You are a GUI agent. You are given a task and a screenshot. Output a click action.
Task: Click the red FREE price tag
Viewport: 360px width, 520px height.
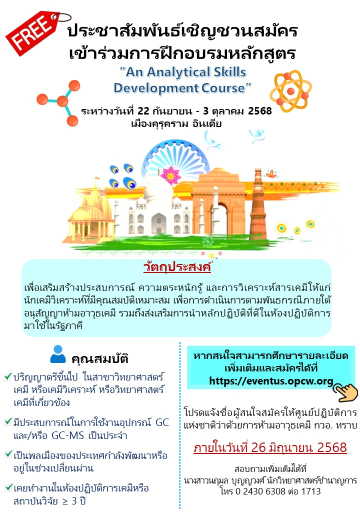(33, 32)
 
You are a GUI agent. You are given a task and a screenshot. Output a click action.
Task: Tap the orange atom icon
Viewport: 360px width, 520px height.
(290, 91)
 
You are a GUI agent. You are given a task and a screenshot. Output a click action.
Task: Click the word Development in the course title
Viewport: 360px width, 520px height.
(156, 88)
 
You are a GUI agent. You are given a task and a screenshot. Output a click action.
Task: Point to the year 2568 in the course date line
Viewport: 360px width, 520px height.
(260, 111)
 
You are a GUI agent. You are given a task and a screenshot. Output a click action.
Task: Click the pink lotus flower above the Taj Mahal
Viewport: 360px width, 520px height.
(170, 175)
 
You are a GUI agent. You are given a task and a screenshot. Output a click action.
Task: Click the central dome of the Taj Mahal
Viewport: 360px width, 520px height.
(158, 190)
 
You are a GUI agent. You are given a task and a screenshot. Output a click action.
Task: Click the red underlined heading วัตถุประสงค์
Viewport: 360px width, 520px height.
(177, 267)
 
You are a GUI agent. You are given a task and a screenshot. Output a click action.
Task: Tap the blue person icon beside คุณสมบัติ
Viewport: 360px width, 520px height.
(58, 354)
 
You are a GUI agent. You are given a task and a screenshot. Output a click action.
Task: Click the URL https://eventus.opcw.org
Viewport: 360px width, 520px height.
(271, 381)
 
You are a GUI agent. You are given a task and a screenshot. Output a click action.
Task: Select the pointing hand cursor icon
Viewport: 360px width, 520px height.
(345, 391)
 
